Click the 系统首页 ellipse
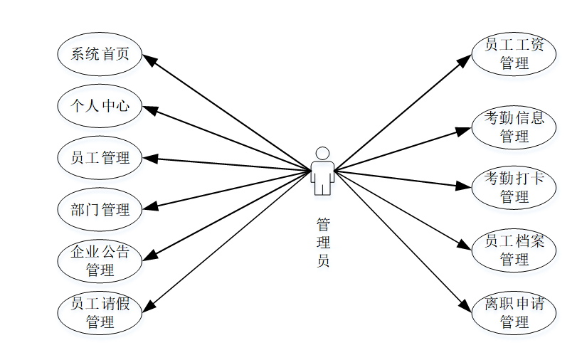100,53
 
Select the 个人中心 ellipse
100,106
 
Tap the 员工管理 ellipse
100,157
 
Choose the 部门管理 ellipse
100,209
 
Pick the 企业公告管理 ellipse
100,260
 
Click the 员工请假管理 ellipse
100,313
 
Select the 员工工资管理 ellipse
514,53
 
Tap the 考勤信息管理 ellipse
514,127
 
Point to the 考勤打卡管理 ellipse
514,187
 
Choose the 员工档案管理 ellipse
514,250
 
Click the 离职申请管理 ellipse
514,313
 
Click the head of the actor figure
322,153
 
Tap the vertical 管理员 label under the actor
323,243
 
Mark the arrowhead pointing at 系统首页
150,60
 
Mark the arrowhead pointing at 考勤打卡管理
465,186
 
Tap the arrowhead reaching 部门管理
149,208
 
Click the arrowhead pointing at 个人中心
149,110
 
